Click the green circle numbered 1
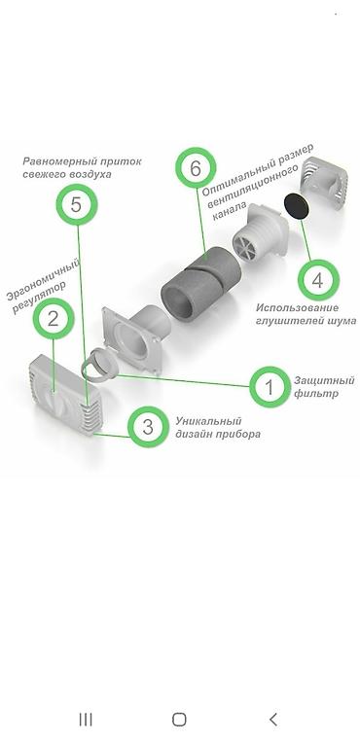pos(270,387)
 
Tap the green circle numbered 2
pos(53,319)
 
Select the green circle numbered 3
pos(148,427)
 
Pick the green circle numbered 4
pos(318,280)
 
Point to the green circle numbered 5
pos(77,204)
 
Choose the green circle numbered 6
pos(196,168)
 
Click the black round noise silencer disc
pos(297,206)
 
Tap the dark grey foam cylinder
pos(201,284)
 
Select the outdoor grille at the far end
pos(324,184)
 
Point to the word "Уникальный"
pos(208,421)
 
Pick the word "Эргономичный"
pos(43,280)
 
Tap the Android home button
pos(179,720)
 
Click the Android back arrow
pos(273,720)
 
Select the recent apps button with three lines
pos(86,720)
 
